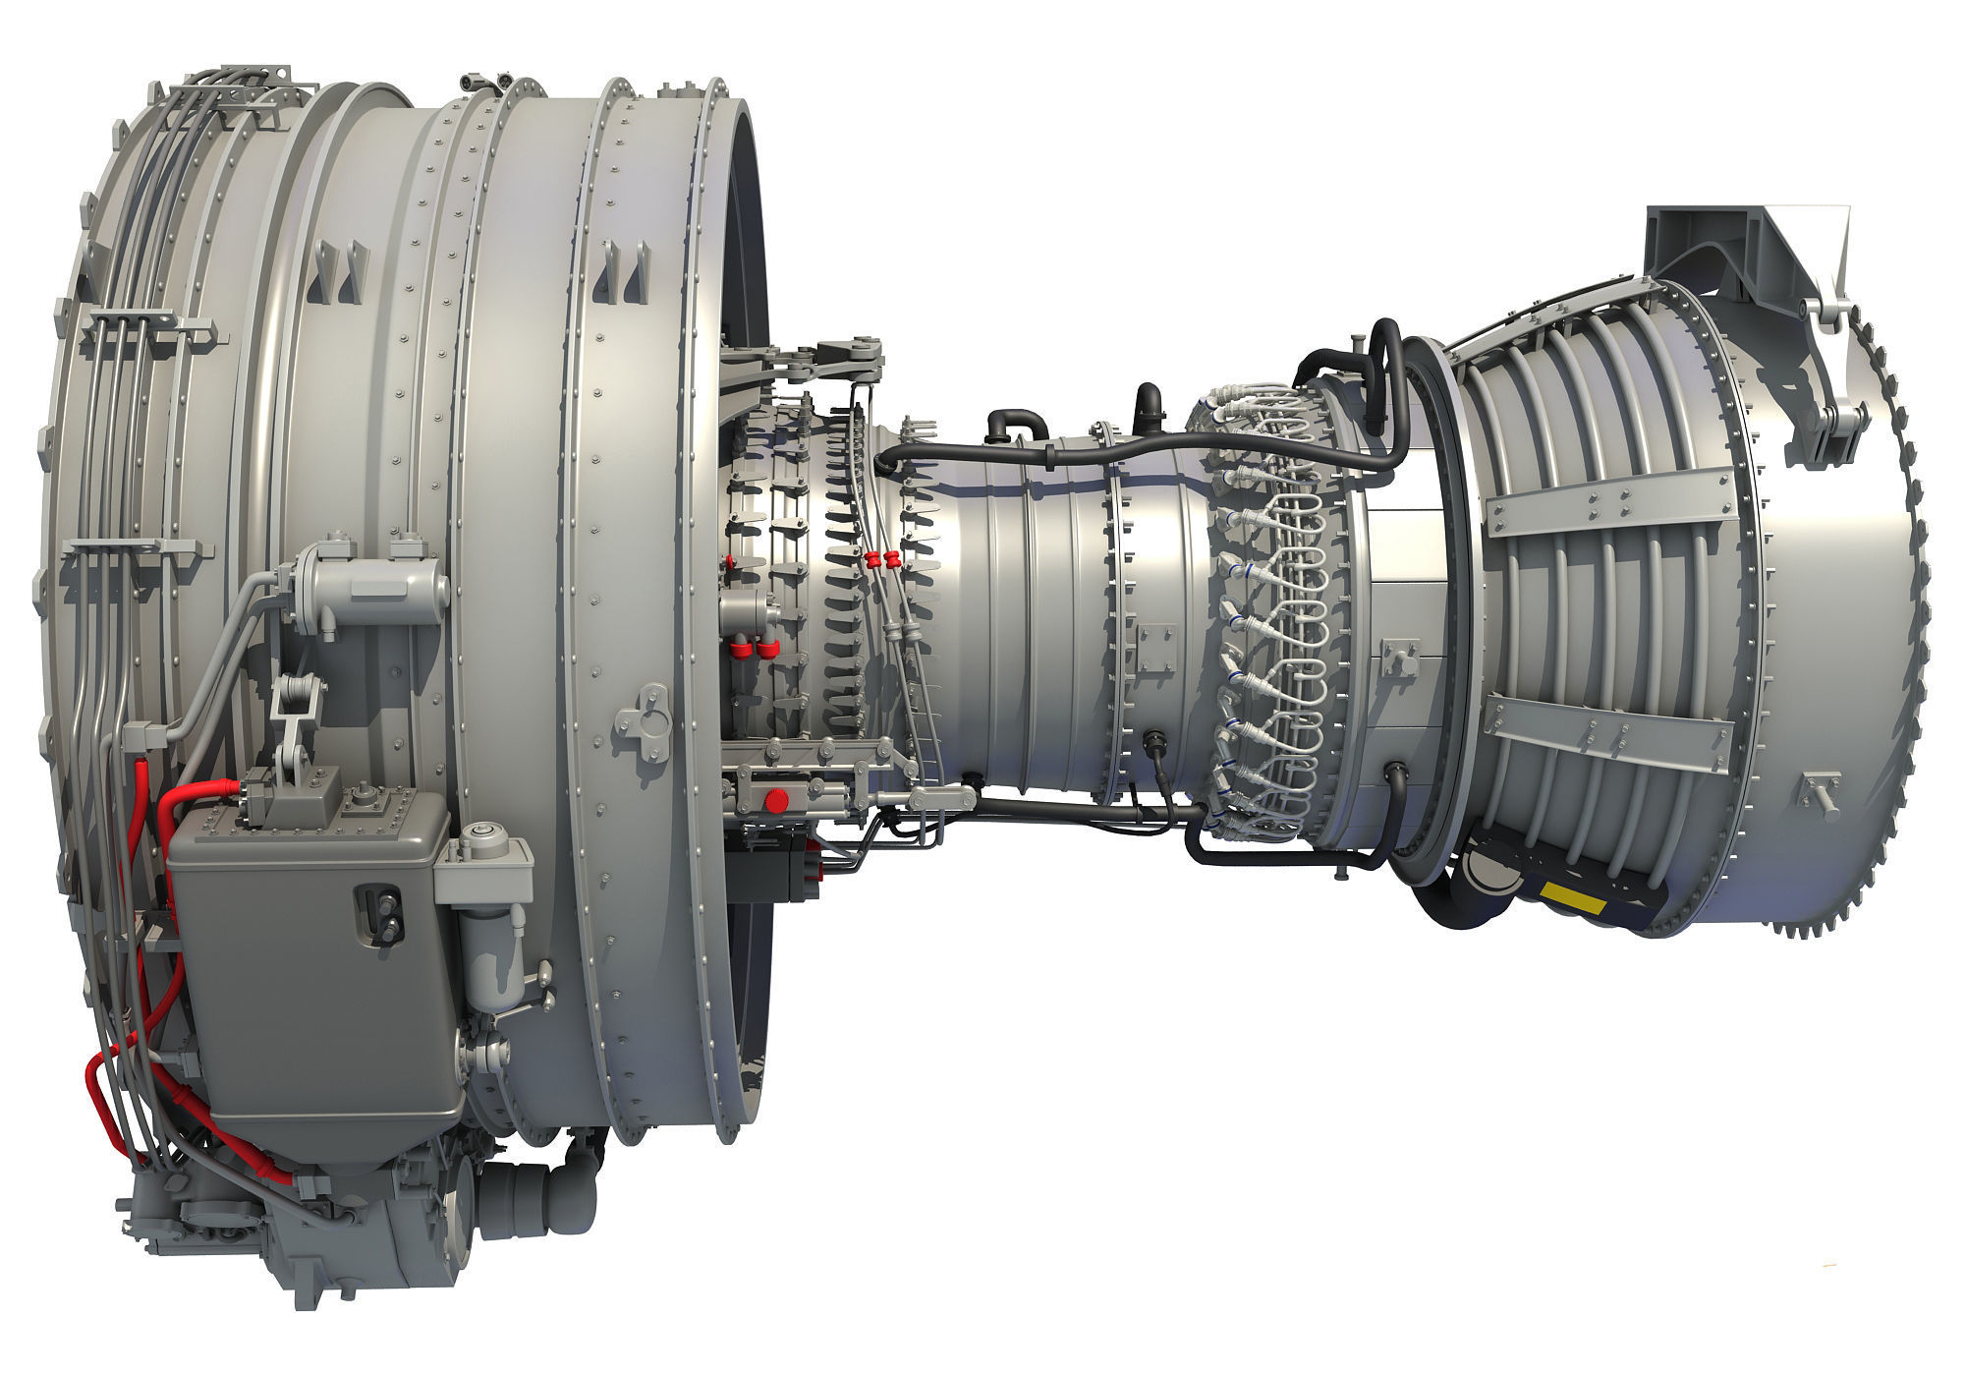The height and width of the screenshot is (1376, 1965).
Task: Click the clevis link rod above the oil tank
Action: pyautogui.click(x=292, y=717)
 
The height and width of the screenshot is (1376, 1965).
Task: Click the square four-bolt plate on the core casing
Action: pyautogui.click(x=1152, y=645)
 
